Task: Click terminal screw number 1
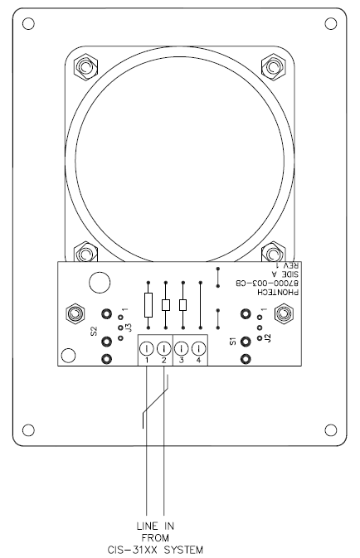(x=147, y=348)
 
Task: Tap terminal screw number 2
(x=163, y=348)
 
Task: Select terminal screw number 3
(x=182, y=348)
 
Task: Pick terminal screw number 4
(x=198, y=348)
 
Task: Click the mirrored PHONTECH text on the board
(x=278, y=292)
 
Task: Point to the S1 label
(x=233, y=341)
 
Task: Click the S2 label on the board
(x=94, y=331)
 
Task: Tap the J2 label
(x=268, y=337)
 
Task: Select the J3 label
(x=129, y=328)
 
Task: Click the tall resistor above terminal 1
(x=148, y=305)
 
